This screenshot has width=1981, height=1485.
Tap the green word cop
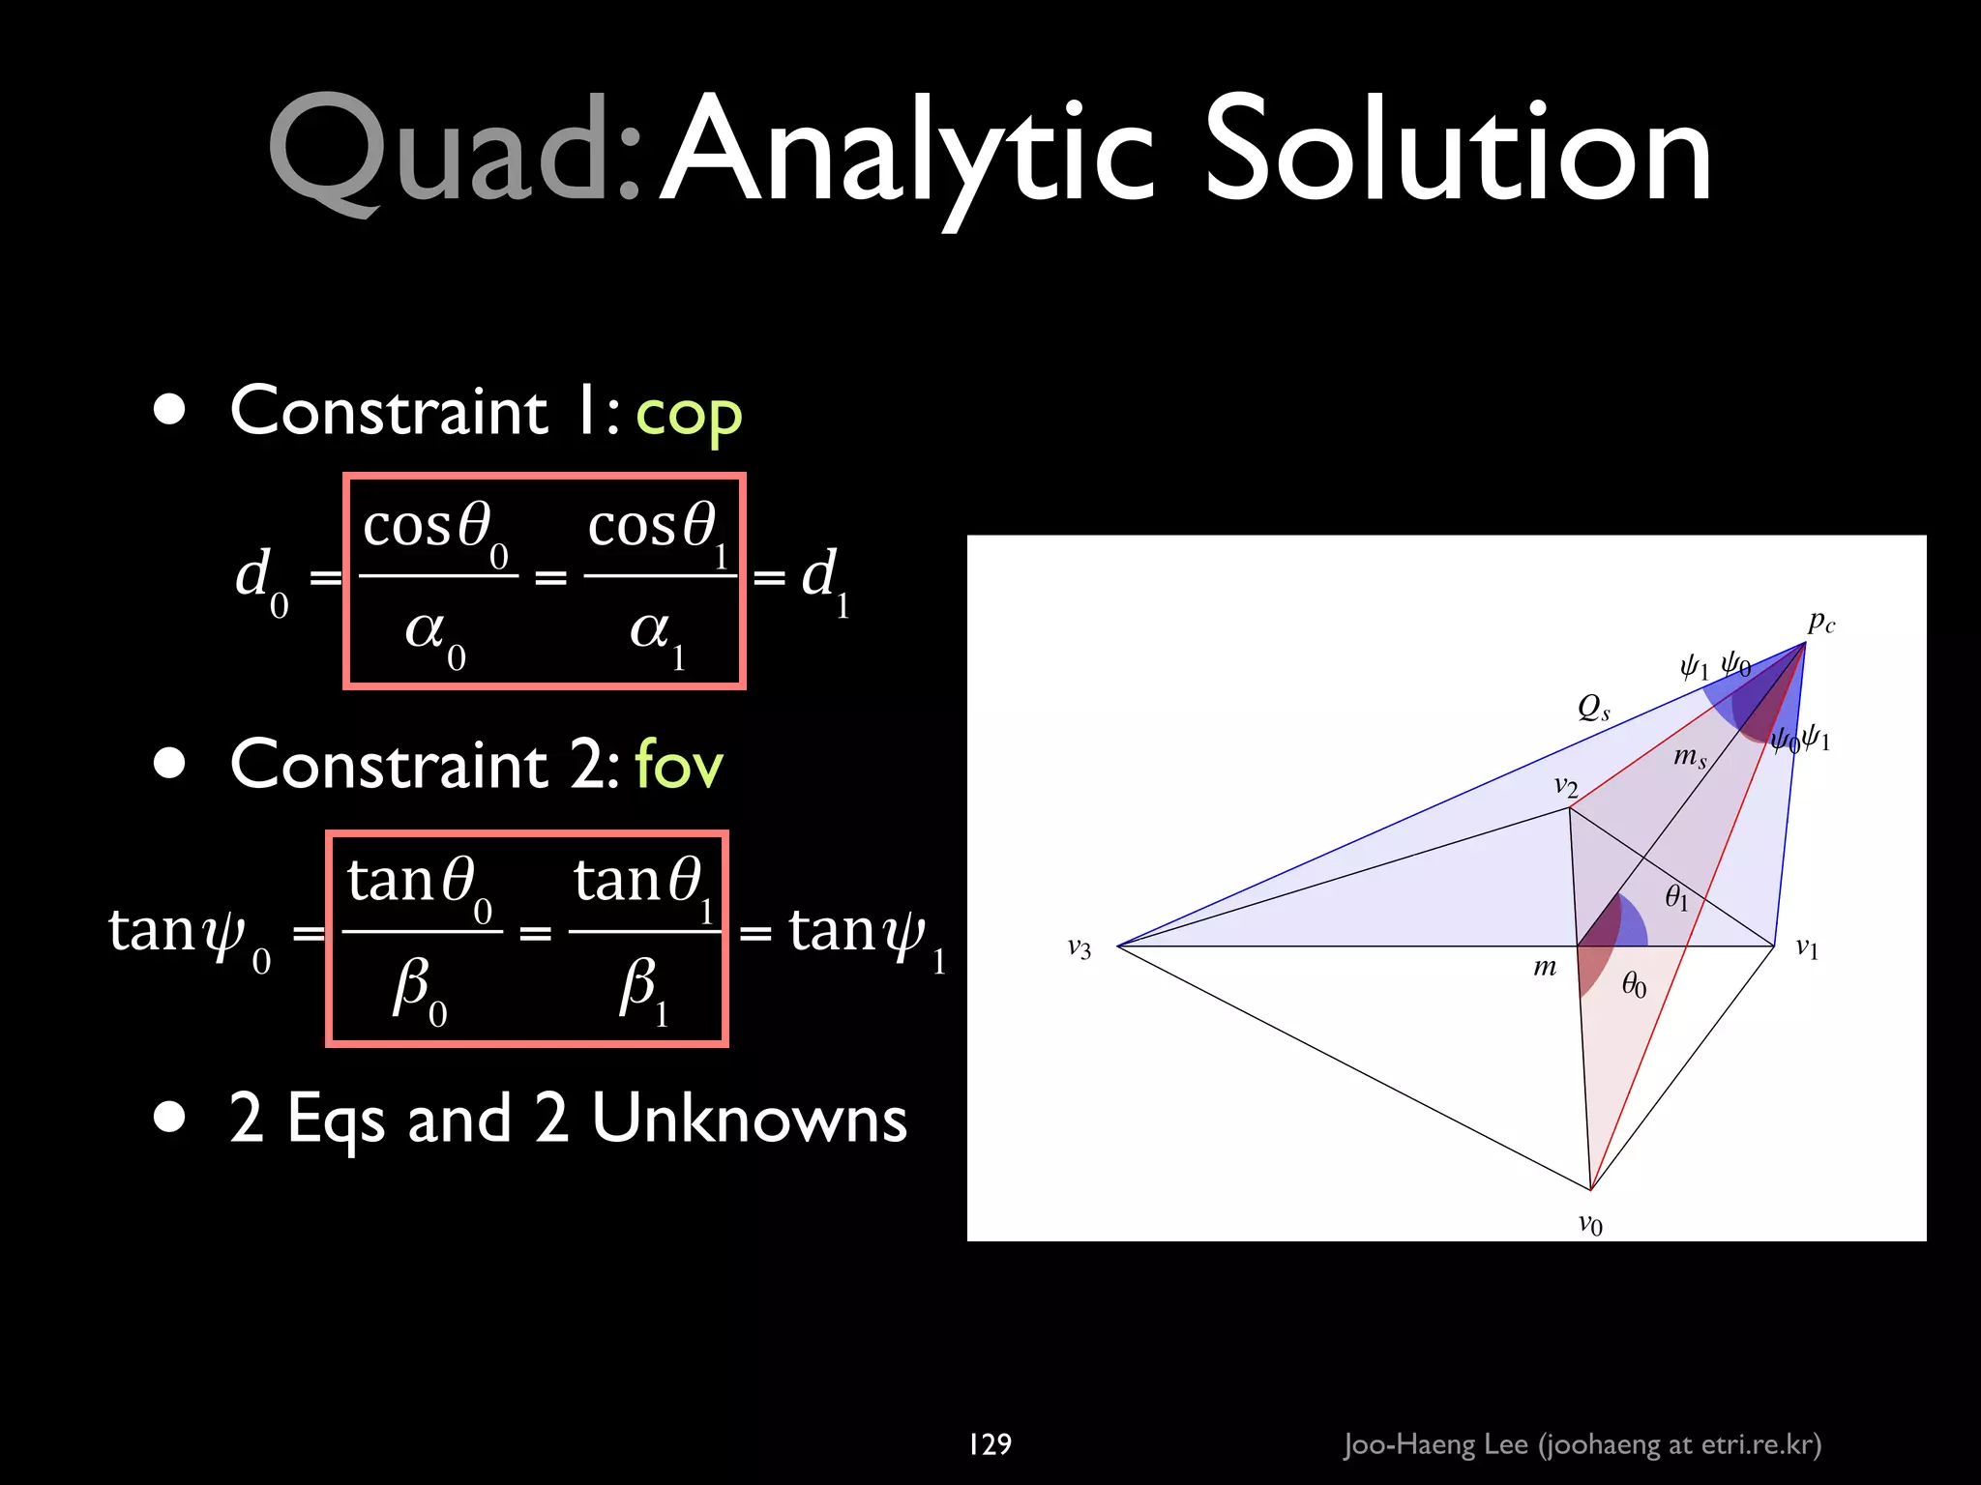pos(689,414)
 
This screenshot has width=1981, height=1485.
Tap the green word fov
pos(679,766)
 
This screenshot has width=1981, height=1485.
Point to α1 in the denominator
pos(658,634)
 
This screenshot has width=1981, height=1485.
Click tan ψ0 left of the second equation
pos(190,934)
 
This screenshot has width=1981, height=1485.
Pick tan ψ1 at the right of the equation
pos(866,934)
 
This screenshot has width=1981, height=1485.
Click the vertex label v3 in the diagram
pos(1079,948)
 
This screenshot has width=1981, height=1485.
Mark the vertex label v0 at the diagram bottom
pos(1590,1225)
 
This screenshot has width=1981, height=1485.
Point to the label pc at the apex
pos(1820,622)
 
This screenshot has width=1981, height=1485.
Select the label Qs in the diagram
pos(1593,708)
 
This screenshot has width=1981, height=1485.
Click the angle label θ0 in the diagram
pos(1634,985)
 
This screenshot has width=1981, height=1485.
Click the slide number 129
pos(990,1444)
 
